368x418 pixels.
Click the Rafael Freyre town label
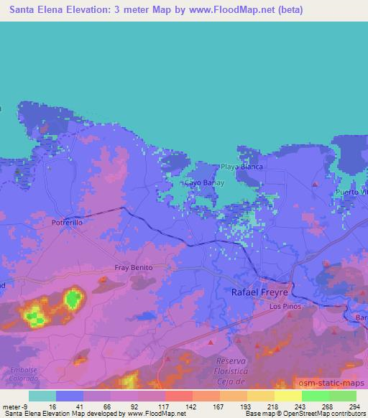pyautogui.click(x=259, y=292)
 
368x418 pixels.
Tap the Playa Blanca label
pyautogui.click(x=241, y=167)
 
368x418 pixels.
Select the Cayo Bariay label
pyautogui.click(x=201, y=182)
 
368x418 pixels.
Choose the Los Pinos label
pyautogui.click(x=283, y=306)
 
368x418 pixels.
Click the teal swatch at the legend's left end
pyautogui.click(x=42, y=396)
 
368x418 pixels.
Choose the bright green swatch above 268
pyautogui.click(x=315, y=396)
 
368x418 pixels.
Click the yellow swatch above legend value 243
pyautogui.click(x=288, y=396)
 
